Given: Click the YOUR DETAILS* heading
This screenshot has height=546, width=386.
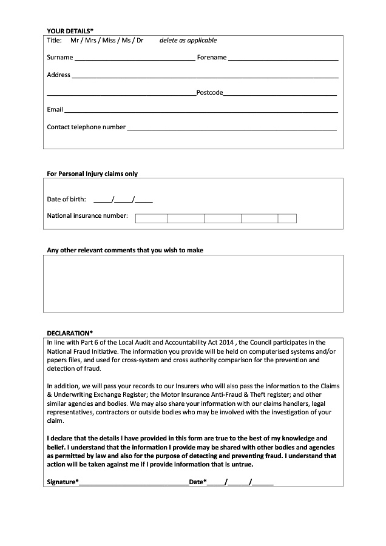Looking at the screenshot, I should pyautogui.click(x=70, y=30).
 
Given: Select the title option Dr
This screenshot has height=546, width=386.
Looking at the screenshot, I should pyautogui.click(x=140, y=41).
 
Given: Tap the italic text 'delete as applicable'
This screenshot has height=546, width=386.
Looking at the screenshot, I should pyautogui.click(x=188, y=41).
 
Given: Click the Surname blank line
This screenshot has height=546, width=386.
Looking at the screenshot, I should pyautogui.click(x=134, y=59).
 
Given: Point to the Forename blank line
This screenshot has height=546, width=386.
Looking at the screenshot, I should pyautogui.click(x=283, y=59).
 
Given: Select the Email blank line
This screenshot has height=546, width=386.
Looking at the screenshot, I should pyautogui.click(x=200, y=111).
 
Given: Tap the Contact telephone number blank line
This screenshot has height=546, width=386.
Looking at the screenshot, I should pyautogui.click(x=231, y=129).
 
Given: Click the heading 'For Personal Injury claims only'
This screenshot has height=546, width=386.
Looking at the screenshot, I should pyautogui.click(x=92, y=174).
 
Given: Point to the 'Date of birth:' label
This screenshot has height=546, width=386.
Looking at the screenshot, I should pyautogui.click(x=67, y=199).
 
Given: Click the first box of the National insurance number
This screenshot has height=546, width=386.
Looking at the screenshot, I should pyautogui.click(x=152, y=218).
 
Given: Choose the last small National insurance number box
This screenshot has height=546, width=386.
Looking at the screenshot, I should pyautogui.click(x=287, y=218).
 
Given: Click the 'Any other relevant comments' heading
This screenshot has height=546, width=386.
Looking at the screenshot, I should pyautogui.click(x=125, y=250).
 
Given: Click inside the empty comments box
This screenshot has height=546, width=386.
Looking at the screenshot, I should pyautogui.click(x=193, y=283).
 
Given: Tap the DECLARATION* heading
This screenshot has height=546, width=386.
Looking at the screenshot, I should pyautogui.click(x=70, y=332).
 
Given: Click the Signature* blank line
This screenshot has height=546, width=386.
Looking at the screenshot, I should pyautogui.click(x=134, y=483).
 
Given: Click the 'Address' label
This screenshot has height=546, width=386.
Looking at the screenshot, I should pyautogui.click(x=59, y=75).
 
